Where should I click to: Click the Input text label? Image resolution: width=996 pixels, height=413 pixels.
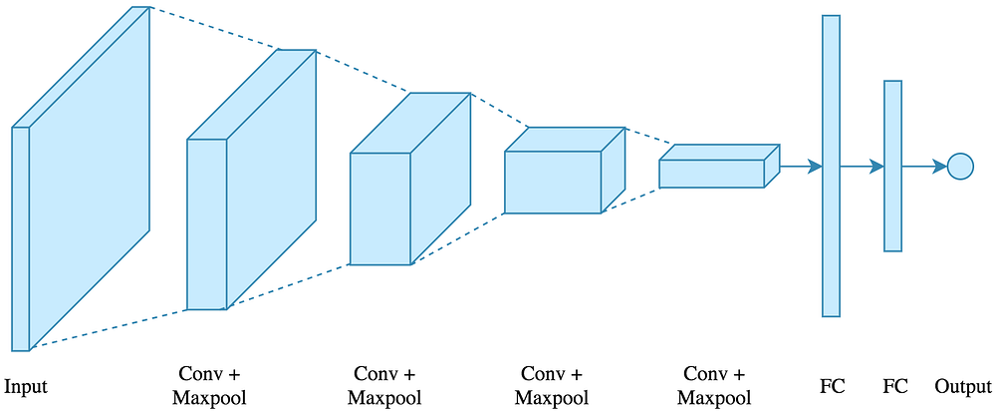coord(26,386)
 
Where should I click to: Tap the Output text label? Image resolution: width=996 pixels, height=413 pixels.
coord(963,386)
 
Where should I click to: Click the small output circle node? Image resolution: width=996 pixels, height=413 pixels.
coord(960,167)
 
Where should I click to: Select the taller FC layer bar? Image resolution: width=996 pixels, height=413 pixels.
coord(831,166)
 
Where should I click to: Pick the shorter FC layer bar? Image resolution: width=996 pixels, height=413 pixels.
coord(892,166)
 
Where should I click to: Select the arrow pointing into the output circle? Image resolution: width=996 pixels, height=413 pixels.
coord(924,167)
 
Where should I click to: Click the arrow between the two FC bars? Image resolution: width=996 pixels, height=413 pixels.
coord(862,167)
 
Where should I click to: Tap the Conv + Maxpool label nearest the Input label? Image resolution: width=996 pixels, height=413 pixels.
coord(209,386)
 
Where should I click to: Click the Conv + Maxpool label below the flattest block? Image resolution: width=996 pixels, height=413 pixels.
coord(714,386)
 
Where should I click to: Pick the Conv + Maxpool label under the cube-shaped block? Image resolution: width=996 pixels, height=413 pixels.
coord(384,386)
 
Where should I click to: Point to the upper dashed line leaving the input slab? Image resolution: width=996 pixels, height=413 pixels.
coord(214,28)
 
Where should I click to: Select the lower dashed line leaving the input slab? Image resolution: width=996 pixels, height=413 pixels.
coord(110,329)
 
